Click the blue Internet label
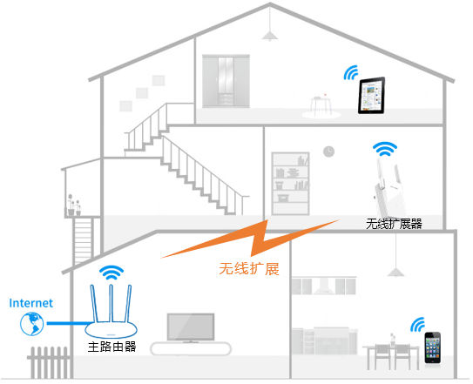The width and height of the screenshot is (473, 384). pyautogui.click(x=30, y=303)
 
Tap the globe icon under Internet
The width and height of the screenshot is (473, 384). pyautogui.click(x=31, y=324)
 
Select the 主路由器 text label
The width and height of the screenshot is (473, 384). pyautogui.click(x=111, y=347)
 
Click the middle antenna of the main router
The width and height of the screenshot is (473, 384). pyautogui.click(x=111, y=303)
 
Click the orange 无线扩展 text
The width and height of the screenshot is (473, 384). pyautogui.click(x=249, y=269)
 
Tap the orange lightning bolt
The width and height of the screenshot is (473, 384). pyautogui.click(x=250, y=239)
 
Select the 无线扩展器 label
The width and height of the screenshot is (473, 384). pyautogui.click(x=394, y=224)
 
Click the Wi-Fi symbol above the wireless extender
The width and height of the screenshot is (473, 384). pyautogui.click(x=385, y=149)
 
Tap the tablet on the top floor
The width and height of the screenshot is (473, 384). pyautogui.click(x=371, y=95)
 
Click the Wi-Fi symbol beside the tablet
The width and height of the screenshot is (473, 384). pyautogui.click(x=351, y=73)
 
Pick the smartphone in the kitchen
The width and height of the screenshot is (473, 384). pyautogui.click(x=433, y=347)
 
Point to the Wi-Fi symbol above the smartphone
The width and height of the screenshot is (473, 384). pyautogui.click(x=417, y=325)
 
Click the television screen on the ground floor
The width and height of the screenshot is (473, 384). pyautogui.click(x=191, y=327)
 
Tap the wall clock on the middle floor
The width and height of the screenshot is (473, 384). pyautogui.click(x=328, y=152)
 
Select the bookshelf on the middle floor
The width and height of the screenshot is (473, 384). pyautogui.click(x=290, y=184)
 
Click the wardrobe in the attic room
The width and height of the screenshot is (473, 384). pyautogui.click(x=226, y=81)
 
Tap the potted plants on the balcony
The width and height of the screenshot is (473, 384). pyautogui.click(x=74, y=205)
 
